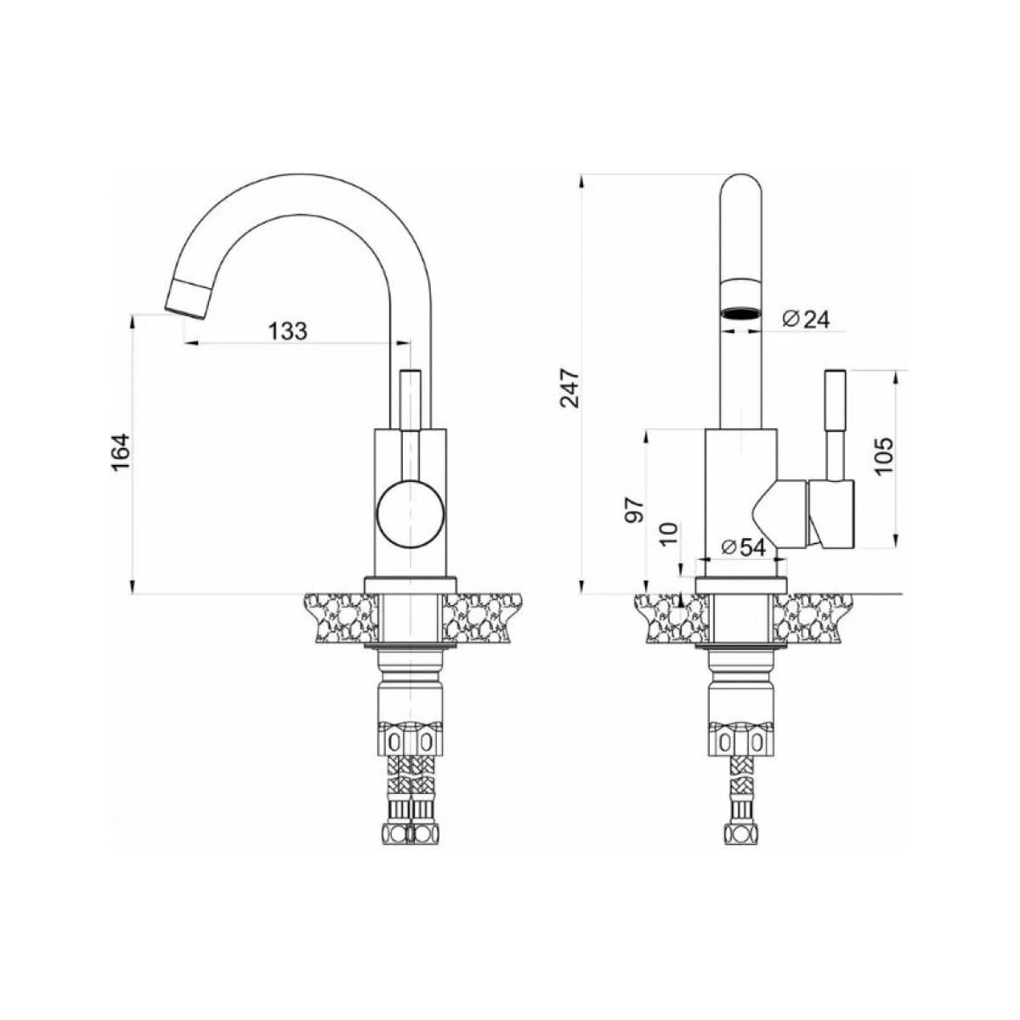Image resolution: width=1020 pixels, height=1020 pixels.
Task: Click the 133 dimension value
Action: coord(288,331)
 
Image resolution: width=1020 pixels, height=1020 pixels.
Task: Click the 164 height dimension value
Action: coord(121,451)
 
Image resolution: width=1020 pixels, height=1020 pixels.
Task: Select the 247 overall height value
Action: coord(570,388)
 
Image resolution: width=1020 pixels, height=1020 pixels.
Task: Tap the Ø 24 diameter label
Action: coord(806,320)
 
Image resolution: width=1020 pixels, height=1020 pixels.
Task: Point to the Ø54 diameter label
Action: coord(743,547)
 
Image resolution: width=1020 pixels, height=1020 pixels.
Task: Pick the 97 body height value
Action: coord(635,510)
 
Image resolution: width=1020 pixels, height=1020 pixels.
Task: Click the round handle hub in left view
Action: coord(411,514)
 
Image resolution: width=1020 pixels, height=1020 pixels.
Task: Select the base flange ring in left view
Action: coord(411,586)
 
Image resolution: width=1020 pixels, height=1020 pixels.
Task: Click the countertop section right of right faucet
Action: coord(813,618)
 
